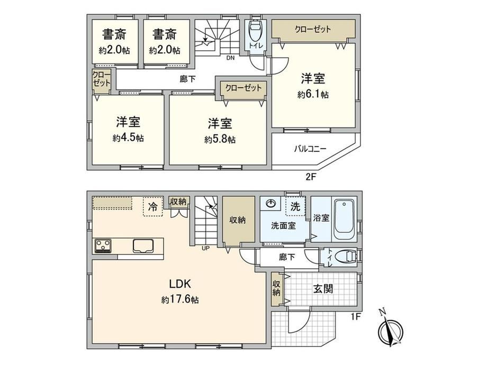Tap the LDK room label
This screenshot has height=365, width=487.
coord(179,284)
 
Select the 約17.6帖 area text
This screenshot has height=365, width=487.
coord(180,300)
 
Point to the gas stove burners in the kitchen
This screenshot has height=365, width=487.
coord(103,246)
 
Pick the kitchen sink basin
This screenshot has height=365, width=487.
coord(143,246)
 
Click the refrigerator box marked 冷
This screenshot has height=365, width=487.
coord(153,206)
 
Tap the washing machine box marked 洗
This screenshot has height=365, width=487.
coord(295,206)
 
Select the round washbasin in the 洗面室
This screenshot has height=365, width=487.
coord(272,204)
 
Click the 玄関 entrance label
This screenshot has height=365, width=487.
coord(323,289)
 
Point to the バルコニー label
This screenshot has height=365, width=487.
coord(310,149)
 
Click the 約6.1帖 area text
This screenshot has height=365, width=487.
coord(313,94)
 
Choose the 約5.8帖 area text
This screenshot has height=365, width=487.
coord(220,139)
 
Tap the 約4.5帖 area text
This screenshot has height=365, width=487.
coord(128,138)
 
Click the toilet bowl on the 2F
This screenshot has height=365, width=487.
coord(256,30)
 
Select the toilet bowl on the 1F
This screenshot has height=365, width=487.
coord(347,257)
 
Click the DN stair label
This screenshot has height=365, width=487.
coord(230,58)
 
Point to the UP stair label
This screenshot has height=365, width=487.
coord(205,248)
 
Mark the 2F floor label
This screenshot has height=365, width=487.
coord(311,177)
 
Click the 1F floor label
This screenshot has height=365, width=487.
coord(356,317)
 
